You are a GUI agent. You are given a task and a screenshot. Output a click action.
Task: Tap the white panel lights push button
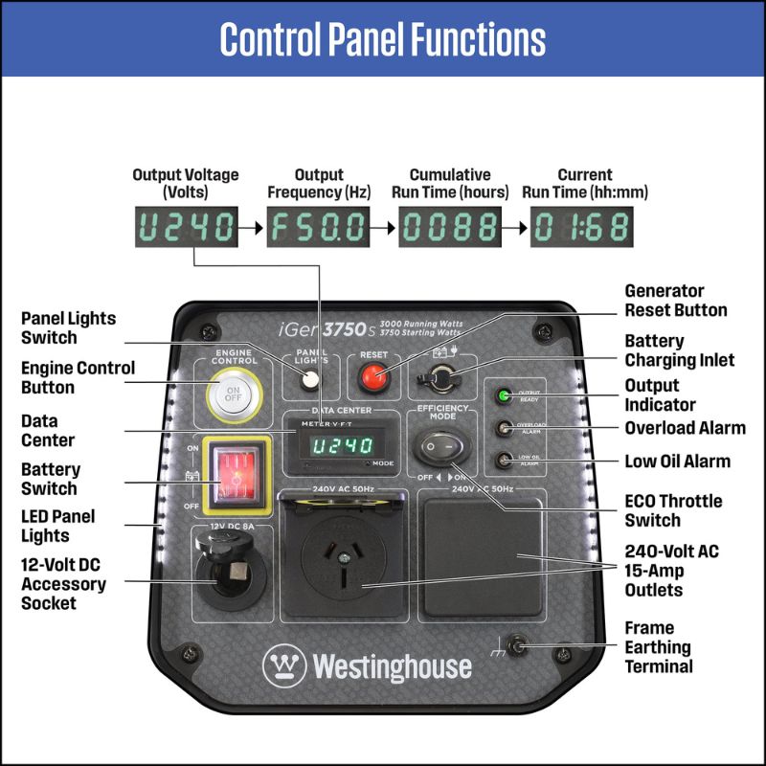pos(308,379)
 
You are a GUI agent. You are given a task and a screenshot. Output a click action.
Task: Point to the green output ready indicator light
pos(502,395)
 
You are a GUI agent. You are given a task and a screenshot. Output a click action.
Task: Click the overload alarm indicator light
pos(502,429)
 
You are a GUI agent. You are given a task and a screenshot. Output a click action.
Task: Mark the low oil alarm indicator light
pos(502,462)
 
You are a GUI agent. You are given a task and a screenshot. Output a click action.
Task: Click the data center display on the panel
pos(341,446)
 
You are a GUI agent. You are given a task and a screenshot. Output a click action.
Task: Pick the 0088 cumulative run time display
pos(449,228)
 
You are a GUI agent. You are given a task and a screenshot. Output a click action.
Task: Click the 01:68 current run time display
pos(581,228)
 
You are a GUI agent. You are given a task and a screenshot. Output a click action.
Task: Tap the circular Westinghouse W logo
pos(284,665)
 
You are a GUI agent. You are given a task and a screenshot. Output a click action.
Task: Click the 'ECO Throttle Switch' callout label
pos(673,510)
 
